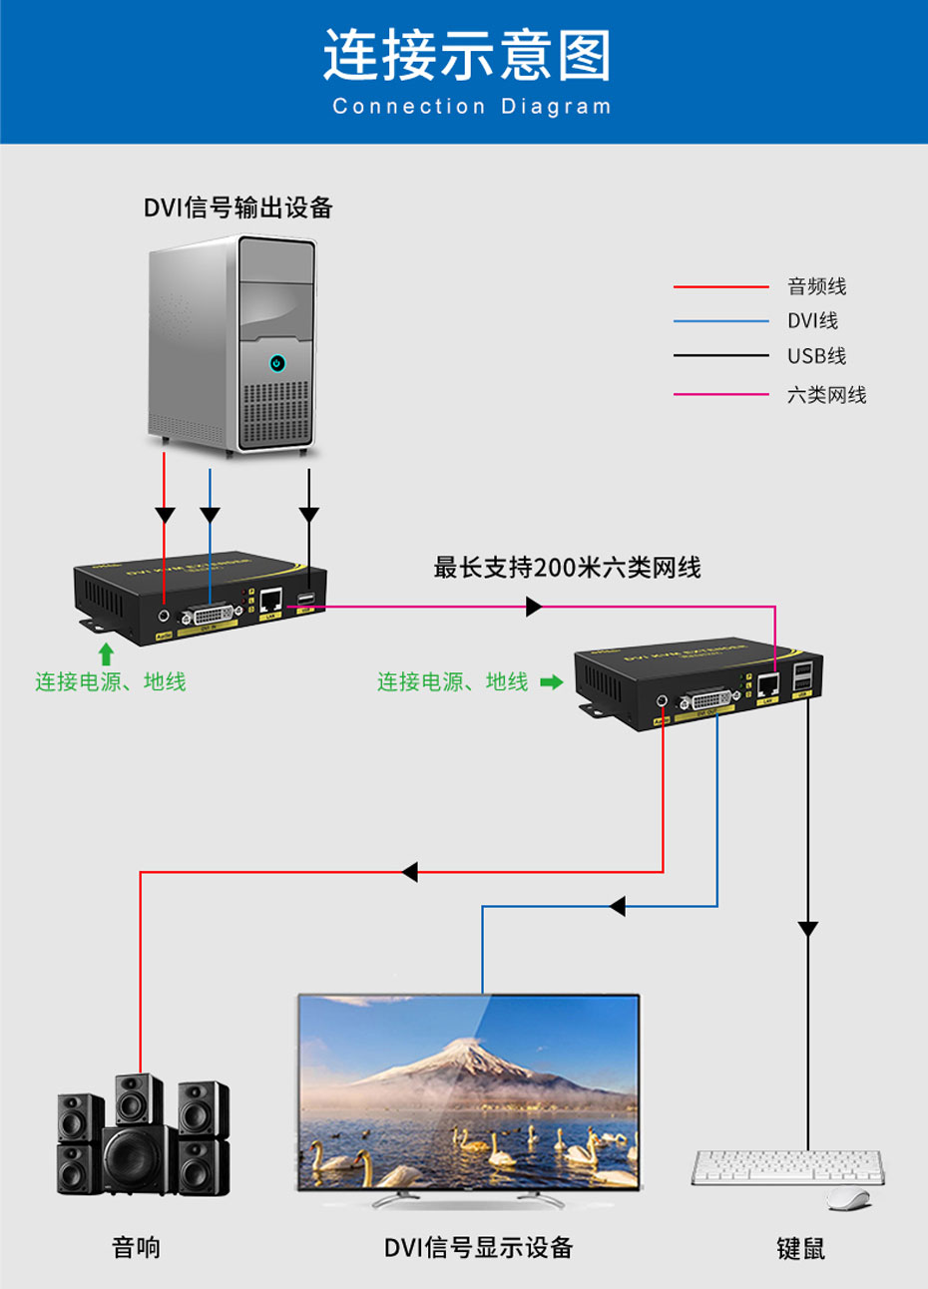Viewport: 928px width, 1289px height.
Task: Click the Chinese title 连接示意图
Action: coord(465,55)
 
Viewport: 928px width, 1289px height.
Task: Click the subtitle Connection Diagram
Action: coord(471,107)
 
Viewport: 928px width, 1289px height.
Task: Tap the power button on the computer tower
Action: coord(277,363)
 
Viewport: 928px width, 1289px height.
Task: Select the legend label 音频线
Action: coord(816,287)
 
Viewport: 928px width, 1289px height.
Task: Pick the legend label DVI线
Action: coord(812,321)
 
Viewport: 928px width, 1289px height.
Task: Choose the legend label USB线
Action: coord(816,356)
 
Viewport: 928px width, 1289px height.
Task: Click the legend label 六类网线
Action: coord(826,395)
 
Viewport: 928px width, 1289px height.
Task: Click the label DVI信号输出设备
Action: coord(237,208)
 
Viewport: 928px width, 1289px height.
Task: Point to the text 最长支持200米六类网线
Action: coord(567,568)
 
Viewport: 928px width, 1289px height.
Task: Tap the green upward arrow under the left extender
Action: coord(106,654)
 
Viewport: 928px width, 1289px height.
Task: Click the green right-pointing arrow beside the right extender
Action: coord(551,682)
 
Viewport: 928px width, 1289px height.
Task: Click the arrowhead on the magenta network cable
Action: coord(534,606)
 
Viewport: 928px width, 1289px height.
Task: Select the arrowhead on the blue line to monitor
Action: coord(617,906)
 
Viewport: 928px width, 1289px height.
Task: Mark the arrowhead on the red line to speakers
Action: coord(409,872)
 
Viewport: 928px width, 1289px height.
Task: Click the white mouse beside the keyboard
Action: coord(847,1197)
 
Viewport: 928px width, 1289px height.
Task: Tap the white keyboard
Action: coord(786,1166)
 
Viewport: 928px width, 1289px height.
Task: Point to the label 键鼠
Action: coord(800,1248)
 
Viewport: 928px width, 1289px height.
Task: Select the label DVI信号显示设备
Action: coord(478,1247)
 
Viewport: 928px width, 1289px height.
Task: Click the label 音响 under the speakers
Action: coord(136,1247)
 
